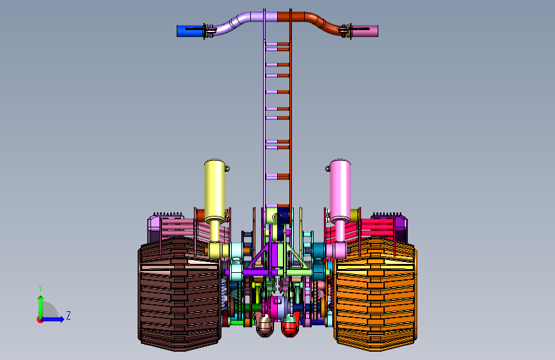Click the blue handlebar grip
coord(190,31)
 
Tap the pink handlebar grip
coord(365,31)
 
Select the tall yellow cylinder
coord(214,192)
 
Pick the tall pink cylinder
coord(340,192)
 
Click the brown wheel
coord(179,294)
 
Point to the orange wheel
coord(375,294)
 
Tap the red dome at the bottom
coord(289,326)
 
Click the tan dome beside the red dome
coord(265,326)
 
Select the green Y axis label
coord(40,288)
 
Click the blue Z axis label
coord(68,315)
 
